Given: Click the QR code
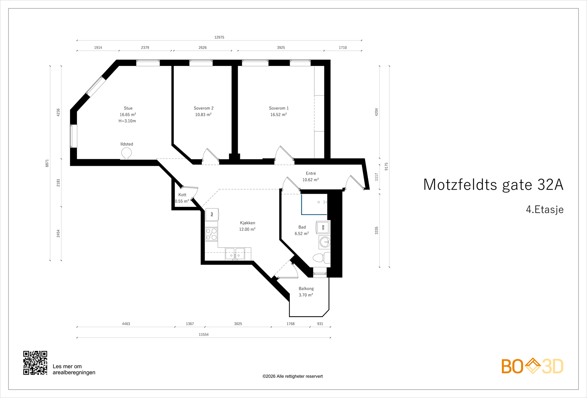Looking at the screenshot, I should tap(35, 363).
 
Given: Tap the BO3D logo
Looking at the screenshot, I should tap(532, 366).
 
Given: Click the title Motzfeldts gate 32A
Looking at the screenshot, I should tap(493, 185).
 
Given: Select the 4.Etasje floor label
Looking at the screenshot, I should tap(544, 209).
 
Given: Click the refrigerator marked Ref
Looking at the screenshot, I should tap(212, 214).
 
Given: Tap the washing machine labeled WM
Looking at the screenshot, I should tap(323, 227).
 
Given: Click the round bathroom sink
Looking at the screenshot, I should tap(325, 242).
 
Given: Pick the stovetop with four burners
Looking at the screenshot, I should tap(211, 234).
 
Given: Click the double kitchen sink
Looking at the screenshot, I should tap(235, 253).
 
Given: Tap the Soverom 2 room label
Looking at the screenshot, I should tap(204, 108).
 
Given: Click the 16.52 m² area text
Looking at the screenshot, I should tap(278, 115).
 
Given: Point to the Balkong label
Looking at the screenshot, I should tap(306, 289).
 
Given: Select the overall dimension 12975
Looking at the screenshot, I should tap(219, 37).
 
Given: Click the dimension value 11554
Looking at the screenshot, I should tap(204, 335).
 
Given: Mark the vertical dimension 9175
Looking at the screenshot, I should tap(386, 167).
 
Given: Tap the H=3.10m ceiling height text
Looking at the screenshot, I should tap(127, 121).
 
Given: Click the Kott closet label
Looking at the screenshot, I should tap(182, 195).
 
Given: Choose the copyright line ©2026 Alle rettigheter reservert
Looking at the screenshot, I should tap(292, 376).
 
